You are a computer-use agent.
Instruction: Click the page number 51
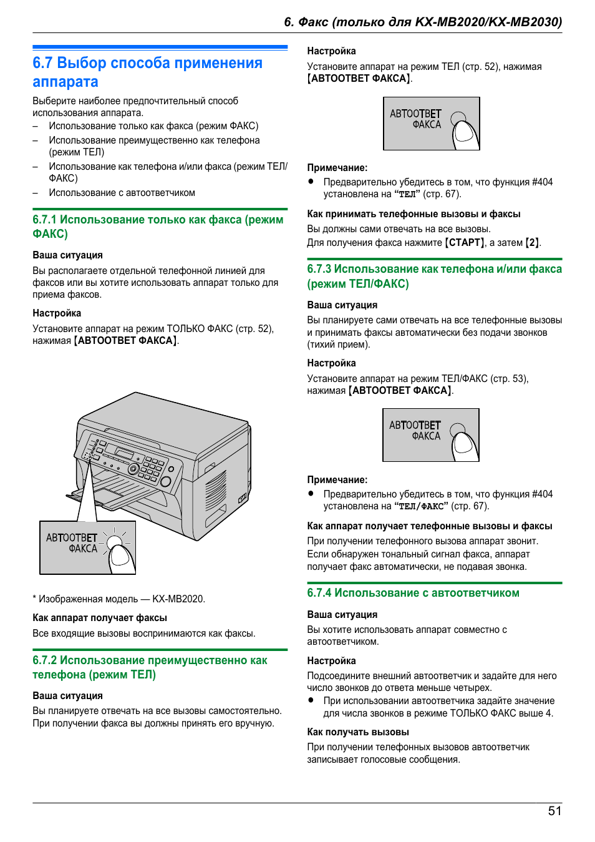(x=554, y=811)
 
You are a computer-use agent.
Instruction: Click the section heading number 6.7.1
(x=44, y=220)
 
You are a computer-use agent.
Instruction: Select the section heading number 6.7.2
(x=44, y=660)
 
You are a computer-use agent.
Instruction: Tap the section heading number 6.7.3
(x=319, y=269)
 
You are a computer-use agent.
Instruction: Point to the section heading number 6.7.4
(x=319, y=593)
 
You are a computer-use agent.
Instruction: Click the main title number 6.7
(x=42, y=63)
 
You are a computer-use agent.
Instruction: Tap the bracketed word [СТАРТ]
(x=464, y=243)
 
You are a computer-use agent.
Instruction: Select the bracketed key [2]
(x=532, y=243)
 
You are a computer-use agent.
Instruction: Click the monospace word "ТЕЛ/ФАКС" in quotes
(x=421, y=506)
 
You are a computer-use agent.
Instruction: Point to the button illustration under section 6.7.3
(x=430, y=435)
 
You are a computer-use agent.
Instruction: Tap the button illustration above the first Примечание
(x=431, y=124)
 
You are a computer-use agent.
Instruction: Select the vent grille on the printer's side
(x=216, y=491)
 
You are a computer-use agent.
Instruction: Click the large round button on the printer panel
(x=166, y=482)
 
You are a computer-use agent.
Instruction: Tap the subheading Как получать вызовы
(x=357, y=732)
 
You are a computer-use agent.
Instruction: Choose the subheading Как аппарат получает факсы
(x=99, y=618)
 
